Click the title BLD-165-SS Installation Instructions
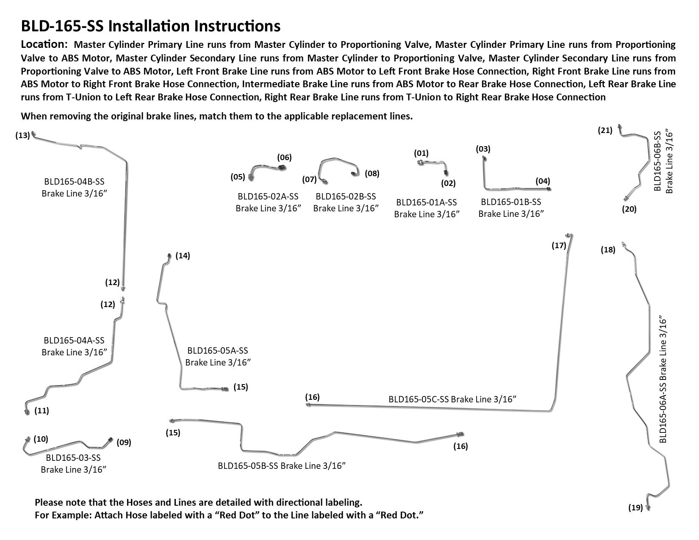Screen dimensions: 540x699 150,26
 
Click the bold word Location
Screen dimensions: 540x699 44,44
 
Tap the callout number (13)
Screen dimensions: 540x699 22,136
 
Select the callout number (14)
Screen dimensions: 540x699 183,255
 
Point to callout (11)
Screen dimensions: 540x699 42,410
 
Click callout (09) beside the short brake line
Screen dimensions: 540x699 124,443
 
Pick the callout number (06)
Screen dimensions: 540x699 284,158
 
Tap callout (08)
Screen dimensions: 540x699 372,173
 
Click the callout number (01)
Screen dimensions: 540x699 421,153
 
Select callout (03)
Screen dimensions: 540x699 483,149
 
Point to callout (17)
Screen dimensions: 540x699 559,245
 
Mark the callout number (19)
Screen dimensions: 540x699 635,508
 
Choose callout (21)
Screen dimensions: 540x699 605,130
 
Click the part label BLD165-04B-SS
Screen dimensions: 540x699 74,182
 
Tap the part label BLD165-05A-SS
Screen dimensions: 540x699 217,351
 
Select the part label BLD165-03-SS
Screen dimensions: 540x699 73,458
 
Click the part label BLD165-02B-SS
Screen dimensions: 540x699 346,197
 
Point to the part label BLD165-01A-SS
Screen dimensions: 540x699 426,202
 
